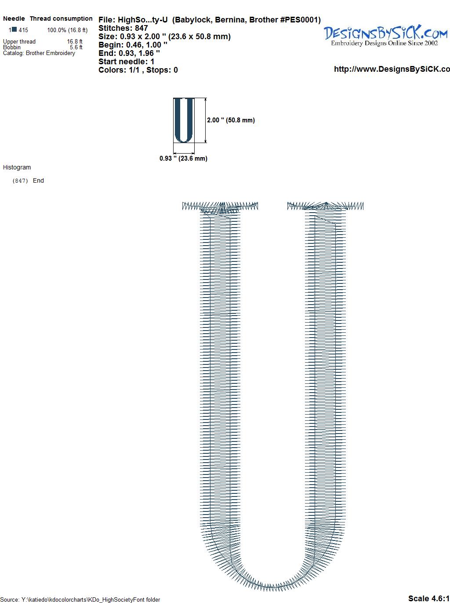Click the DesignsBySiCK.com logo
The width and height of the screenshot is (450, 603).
(x=385, y=35)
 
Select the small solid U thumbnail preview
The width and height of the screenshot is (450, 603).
(x=184, y=120)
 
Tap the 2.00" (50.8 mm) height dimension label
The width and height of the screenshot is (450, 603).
(x=231, y=120)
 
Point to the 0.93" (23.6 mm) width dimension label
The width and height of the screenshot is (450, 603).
(x=183, y=158)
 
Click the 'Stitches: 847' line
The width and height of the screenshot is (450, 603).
(x=123, y=28)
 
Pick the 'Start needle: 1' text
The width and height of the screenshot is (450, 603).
(x=126, y=62)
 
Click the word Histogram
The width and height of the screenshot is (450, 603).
(x=17, y=167)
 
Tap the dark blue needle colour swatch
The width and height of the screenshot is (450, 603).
(x=15, y=29)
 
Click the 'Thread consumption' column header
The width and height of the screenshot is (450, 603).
(x=61, y=18)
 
